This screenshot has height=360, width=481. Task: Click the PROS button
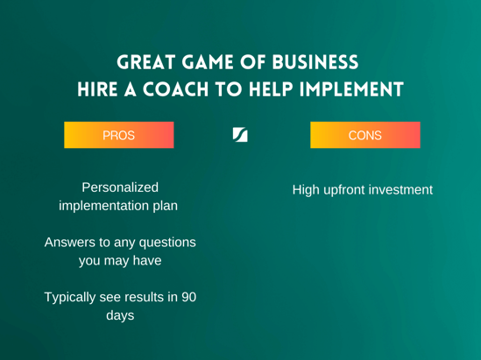pos(118,135)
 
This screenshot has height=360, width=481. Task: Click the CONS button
pos(365,135)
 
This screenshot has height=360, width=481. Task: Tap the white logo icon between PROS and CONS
pos(240,135)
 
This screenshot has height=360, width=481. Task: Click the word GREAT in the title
pos(146,62)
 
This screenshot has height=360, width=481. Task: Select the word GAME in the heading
pos(208,62)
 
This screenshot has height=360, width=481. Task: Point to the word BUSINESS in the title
pos(315,62)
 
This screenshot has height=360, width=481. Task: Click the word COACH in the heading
pos(175,89)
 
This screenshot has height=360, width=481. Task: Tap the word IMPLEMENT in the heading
pos(351,89)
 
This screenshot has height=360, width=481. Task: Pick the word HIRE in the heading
pos(97,89)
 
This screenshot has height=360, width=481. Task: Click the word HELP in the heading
pos(271,89)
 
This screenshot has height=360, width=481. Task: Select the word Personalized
pos(120,187)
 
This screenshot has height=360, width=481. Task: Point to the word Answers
pos(69,243)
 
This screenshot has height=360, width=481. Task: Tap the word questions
pos(167,243)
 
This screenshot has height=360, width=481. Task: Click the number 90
pos(188,297)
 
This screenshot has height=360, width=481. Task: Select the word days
pos(120,316)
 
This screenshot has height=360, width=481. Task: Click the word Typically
pos(69,298)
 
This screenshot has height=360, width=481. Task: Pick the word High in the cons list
pos(306,190)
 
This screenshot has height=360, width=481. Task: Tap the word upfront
pos(343,190)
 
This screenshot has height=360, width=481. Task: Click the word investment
pos(400,190)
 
